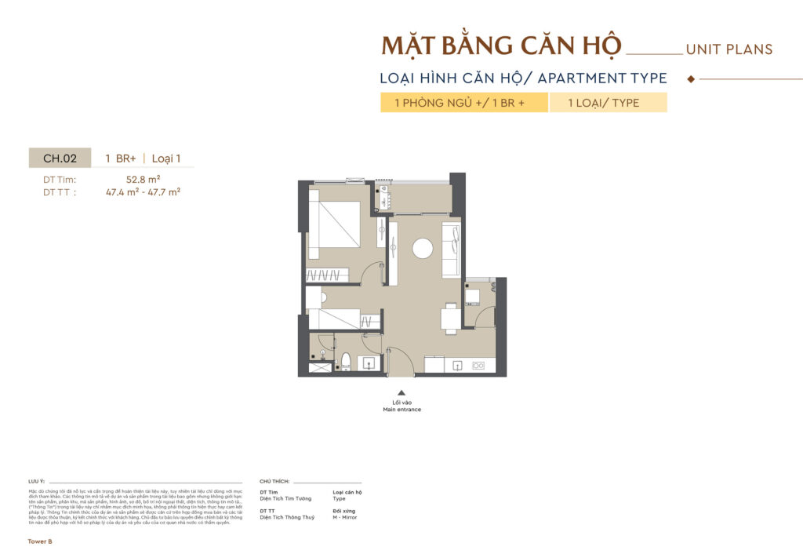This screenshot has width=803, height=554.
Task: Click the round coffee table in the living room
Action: tap(423, 249)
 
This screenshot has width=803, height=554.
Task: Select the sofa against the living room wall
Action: tap(450, 250)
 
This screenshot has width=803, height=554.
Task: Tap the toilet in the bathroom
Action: tap(345, 362)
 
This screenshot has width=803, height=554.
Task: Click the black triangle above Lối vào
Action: tap(401, 393)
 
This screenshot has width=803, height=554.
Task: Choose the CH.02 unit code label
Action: tap(60, 159)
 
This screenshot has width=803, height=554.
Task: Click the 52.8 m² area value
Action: tap(143, 179)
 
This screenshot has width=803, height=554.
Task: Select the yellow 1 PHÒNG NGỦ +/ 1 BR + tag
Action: tap(463, 103)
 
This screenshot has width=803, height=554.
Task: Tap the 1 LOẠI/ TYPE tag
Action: tap(608, 103)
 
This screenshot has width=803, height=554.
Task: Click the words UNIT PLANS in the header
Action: tap(729, 49)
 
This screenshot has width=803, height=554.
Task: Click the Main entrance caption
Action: tap(401, 410)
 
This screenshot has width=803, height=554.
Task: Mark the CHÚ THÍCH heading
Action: tap(274, 480)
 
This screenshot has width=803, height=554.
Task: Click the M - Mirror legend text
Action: tap(347, 517)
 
